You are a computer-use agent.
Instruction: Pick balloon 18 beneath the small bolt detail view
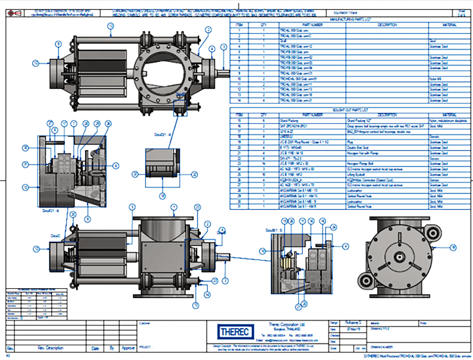pyautogui.click(x=162, y=195)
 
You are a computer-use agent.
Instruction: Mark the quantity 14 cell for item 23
pyautogui.click(x=263, y=164)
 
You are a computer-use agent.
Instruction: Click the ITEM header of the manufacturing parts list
pyautogui.click(x=239, y=25)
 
